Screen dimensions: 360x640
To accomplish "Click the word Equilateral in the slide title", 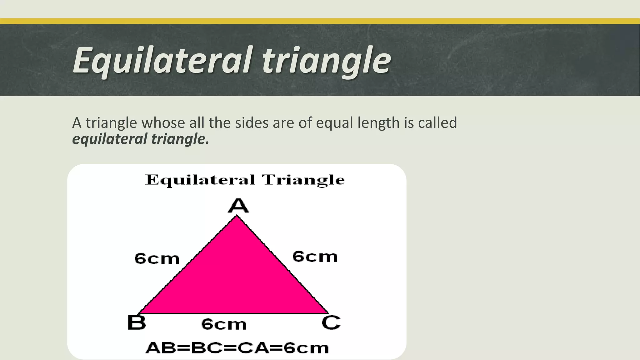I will [162, 60].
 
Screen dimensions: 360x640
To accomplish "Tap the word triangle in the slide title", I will [326, 60].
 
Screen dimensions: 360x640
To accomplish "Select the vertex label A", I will [238, 206].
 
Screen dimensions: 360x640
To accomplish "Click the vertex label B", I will [137, 322].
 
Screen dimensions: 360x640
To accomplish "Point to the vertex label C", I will [331, 322].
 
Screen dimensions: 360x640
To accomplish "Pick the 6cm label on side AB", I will [157, 259].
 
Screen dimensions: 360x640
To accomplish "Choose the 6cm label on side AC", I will [315, 257].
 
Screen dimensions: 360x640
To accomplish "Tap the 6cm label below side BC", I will [224, 324].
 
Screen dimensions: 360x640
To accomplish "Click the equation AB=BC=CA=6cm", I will [237, 348].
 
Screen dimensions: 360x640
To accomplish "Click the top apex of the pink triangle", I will [237, 216].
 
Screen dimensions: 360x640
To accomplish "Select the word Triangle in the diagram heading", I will [303, 180].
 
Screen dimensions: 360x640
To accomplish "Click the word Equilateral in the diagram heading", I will [200, 180].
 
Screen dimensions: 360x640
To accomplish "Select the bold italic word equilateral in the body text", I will [110, 139].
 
